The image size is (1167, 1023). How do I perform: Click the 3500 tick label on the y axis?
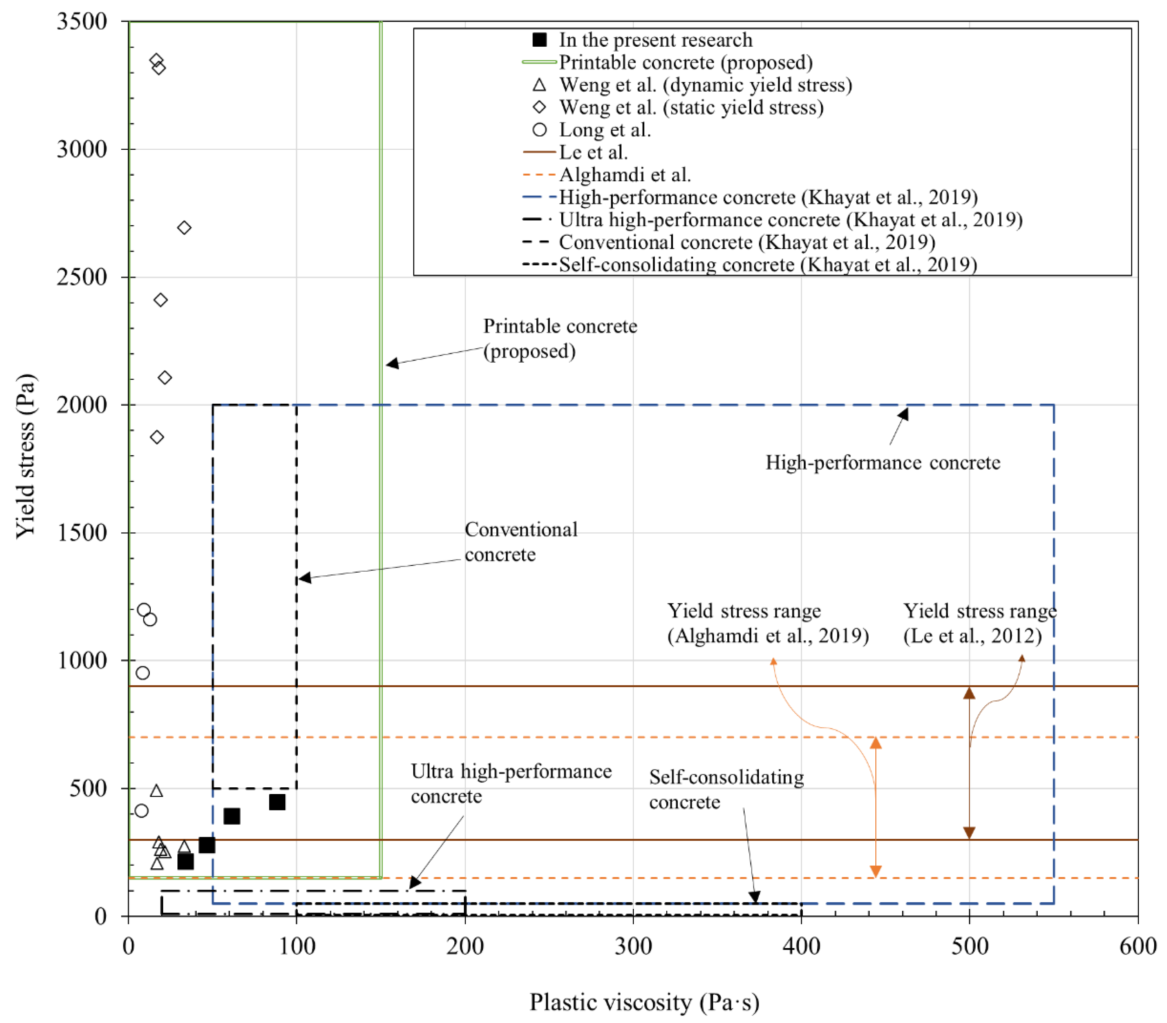tap(82, 22)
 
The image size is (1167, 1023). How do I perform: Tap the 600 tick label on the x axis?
tap(1137, 946)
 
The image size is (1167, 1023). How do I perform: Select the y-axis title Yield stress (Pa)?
tap(26, 457)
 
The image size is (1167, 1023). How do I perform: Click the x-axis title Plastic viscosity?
tap(644, 1002)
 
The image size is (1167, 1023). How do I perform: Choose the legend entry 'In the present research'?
tap(655, 40)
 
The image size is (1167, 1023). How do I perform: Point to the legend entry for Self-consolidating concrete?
tap(767, 265)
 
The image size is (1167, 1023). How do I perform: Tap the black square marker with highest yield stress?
tap(277, 802)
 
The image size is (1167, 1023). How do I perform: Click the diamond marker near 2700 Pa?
tap(184, 228)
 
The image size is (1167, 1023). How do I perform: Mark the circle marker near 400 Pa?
tap(142, 810)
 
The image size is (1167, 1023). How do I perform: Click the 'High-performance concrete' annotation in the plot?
tap(882, 463)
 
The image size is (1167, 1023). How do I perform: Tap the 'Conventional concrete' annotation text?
tap(521, 542)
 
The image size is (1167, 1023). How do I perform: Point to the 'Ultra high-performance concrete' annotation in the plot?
tap(511, 783)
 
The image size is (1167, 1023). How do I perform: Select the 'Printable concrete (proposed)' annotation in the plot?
tap(560, 338)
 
